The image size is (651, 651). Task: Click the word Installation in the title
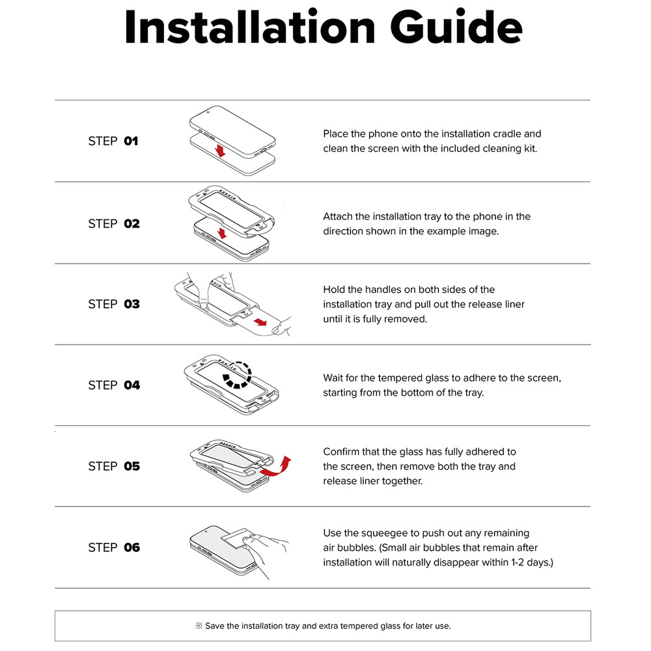[x=249, y=27]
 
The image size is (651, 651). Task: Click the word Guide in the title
[x=456, y=27]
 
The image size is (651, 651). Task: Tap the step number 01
[x=131, y=141]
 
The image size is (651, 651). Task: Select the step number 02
[x=132, y=224]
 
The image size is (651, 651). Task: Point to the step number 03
[x=132, y=304]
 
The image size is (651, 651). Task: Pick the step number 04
[x=132, y=385]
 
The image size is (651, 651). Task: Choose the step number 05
[x=132, y=466]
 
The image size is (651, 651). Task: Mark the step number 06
[x=132, y=547]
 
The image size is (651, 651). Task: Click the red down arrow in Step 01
[x=220, y=150]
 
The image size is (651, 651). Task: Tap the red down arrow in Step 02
[x=222, y=233]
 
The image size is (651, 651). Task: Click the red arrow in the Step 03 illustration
[x=261, y=322]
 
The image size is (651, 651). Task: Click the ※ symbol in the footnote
[x=199, y=626]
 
